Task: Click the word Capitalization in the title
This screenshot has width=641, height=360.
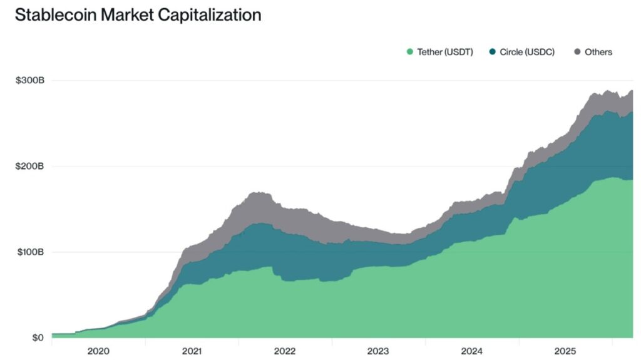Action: point(210,16)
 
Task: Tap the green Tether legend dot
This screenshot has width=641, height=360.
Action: point(410,52)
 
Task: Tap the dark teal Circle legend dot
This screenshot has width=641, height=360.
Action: point(493,52)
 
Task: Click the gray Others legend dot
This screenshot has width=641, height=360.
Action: point(577,52)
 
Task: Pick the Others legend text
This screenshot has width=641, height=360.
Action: point(598,52)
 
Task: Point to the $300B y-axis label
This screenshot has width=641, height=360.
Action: point(29,81)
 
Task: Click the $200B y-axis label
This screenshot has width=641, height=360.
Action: point(29,167)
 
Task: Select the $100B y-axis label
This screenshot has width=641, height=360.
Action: point(29,252)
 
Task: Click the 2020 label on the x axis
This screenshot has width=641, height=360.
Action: point(98,351)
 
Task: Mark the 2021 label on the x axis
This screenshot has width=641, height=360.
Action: point(192,351)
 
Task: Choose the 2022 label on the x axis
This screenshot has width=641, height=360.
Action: point(285,351)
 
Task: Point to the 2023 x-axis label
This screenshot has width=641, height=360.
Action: point(378,351)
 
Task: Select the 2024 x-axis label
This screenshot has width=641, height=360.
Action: point(471,351)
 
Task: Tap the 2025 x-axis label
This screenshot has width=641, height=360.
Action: point(565,351)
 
